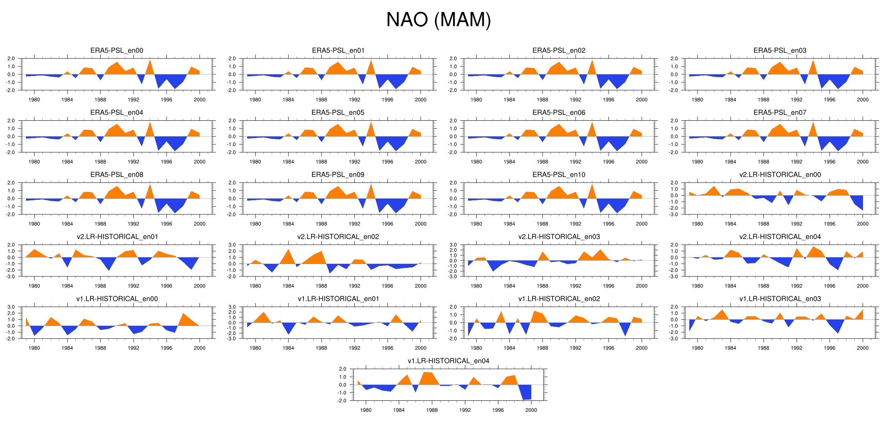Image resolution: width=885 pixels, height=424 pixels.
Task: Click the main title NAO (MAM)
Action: [x=439, y=20]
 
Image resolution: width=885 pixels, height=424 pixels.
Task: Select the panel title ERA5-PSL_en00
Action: [x=117, y=50]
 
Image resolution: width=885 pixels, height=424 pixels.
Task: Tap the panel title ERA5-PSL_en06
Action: [x=559, y=112]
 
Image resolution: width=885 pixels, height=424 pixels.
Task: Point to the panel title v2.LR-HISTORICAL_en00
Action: [x=780, y=175]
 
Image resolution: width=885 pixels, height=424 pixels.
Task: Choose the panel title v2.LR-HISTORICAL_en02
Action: [x=338, y=237]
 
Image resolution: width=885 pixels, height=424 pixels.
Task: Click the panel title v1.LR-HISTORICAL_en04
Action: [x=448, y=361]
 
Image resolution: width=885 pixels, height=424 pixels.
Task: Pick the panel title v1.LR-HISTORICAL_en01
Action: [x=338, y=299]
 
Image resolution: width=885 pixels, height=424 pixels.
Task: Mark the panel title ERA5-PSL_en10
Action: [x=559, y=175]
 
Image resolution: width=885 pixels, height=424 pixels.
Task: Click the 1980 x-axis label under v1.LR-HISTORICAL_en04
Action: [x=365, y=410]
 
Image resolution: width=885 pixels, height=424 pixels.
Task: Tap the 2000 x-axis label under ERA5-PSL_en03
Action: [x=863, y=100]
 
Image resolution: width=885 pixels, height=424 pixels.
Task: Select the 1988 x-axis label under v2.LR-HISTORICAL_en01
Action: [x=100, y=286]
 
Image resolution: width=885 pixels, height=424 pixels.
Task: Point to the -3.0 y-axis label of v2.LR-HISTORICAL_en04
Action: [x=674, y=277]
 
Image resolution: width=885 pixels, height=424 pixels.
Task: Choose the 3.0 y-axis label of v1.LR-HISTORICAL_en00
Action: [x=11, y=307]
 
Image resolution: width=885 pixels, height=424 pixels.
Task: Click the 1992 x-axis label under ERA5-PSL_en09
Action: [x=354, y=224]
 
